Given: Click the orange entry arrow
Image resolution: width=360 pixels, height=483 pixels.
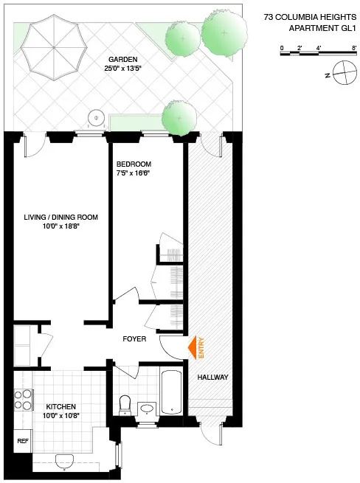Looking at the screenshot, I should click(x=193, y=347).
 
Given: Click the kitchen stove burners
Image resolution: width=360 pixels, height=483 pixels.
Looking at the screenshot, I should click(x=22, y=399).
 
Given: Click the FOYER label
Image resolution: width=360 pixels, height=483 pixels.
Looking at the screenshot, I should click(x=134, y=339).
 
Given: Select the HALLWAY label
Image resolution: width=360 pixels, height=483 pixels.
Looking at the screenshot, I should click(x=212, y=378).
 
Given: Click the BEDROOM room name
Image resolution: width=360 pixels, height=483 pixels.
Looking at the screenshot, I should click(x=134, y=164).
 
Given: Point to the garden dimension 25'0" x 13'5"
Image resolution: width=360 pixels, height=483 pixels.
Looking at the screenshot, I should click(x=123, y=69).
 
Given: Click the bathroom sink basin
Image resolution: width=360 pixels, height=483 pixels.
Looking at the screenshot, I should click(x=146, y=407).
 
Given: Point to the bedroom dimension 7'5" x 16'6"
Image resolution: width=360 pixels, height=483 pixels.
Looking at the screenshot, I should click(x=134, y=173).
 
